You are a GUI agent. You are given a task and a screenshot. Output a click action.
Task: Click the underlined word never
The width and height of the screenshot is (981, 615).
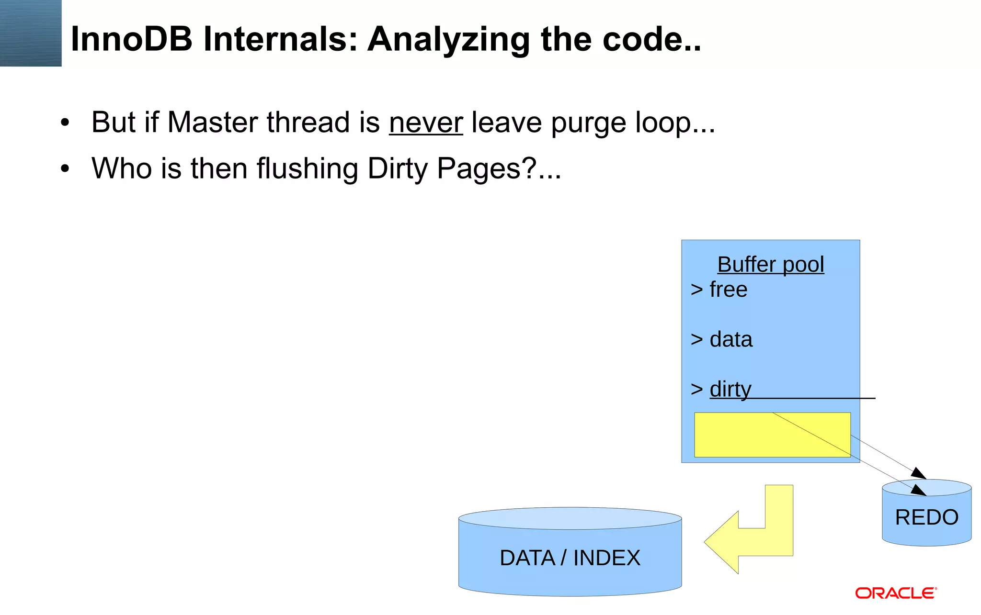[x=425, y=123]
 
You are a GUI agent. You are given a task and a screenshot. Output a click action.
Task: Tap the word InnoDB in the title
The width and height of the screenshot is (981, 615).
[x=131, y=39]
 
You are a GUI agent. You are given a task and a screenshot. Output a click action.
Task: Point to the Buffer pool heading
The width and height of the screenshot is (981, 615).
[x=770, y=264]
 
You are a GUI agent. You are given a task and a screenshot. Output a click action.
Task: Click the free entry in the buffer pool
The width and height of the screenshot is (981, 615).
[x=728, y=290]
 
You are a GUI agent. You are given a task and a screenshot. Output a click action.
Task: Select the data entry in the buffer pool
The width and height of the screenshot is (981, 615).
[x=730, y=339]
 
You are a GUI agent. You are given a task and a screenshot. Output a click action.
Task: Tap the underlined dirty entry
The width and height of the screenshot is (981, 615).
[x=730, y=389]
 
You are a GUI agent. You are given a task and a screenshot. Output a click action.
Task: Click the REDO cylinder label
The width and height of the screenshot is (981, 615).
[x=926, y=517]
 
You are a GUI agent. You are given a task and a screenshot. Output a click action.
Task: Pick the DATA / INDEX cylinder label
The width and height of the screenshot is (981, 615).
[x=570, y=558]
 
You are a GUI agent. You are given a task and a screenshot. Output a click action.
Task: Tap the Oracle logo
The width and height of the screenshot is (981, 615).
[x=896, y=593]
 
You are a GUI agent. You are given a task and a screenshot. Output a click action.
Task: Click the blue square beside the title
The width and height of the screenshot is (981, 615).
[x=31, y=33]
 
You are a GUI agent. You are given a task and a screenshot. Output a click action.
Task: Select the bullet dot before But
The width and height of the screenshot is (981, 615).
[x=65, y=123]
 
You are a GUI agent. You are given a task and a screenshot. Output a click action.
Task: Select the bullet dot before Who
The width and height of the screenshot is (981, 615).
[x=65, y=169]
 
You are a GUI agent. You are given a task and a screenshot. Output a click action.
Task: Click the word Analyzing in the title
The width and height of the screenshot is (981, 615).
[x=449, y=39]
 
